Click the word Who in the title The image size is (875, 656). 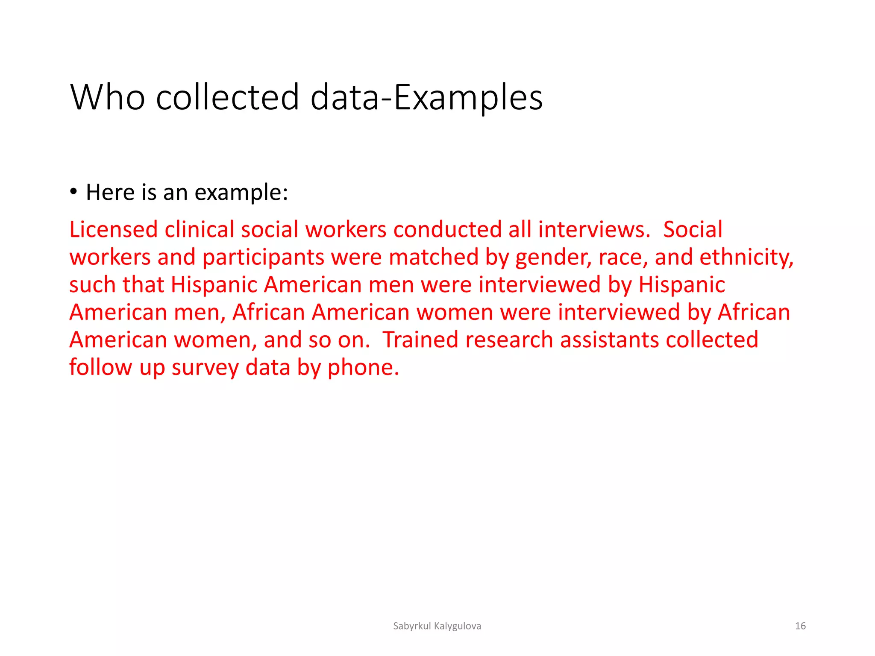[x=107, y=97]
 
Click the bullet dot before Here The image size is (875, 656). [x=74, y=191]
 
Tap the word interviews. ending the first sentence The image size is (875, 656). [x=594, y=230]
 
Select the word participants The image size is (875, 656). [x=263, y=258]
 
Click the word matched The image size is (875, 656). [x=434, y=258]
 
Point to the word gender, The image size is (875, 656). [x=554, y=258]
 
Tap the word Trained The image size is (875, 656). [x=420, y=340]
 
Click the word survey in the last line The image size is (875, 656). [x=205, y=368]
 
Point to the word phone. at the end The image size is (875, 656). [x=363, y=368]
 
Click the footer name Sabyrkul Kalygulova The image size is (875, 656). [x=437, y=626]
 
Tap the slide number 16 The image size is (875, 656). [x=800, y=626]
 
